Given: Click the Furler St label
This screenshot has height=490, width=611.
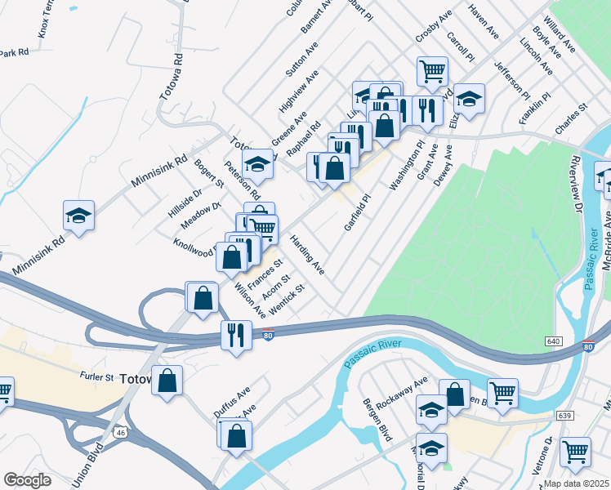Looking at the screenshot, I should pyautogui.click(x=97, y=377).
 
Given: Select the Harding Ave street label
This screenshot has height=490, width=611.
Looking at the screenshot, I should pyautogui.click(x=308, y=255).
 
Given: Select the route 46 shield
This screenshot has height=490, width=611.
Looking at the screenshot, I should pyautogui.click(x=119, y=431).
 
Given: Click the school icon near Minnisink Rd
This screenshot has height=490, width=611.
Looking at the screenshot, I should pyautogui.click(x=79, y=216).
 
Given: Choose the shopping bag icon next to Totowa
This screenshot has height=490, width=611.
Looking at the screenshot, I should pyautogui.click(x=167, y=381).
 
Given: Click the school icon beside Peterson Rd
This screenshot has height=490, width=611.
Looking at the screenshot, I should pyautogui.click(x=257, y=164).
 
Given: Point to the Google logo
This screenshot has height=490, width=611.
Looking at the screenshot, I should pyautogui.click(x=27, y=480).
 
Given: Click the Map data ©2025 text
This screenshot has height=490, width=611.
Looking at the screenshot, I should pyautogui.click(x=577, y=483).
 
